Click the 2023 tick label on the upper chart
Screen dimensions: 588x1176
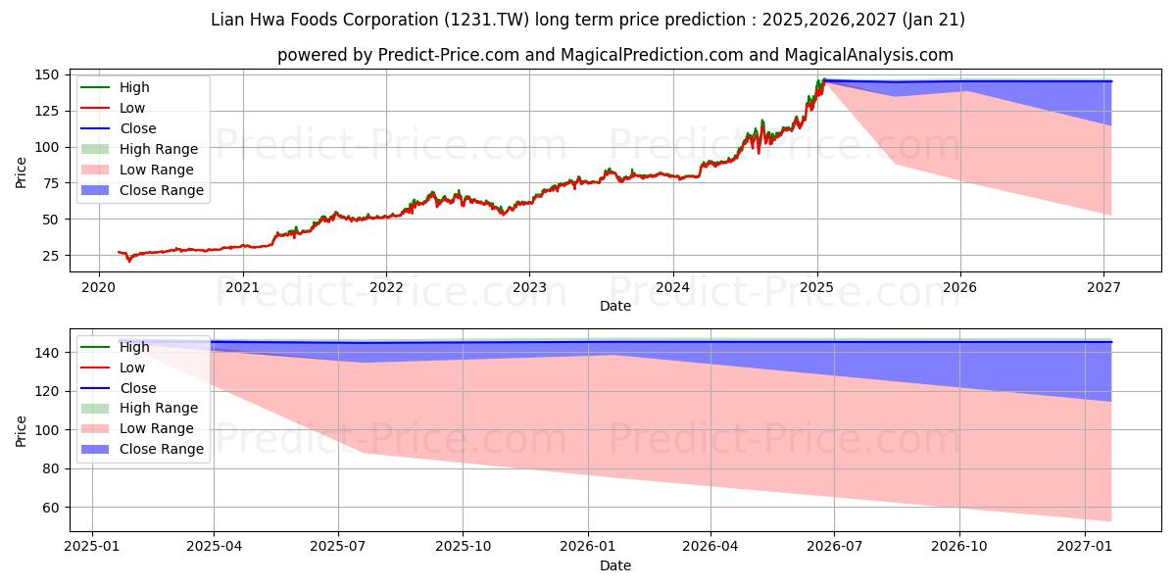click(529, 287)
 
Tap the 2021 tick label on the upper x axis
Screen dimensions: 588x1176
click(242, 287)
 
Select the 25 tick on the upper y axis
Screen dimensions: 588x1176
click(56, 256)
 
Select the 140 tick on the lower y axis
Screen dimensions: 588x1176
click(52, 353)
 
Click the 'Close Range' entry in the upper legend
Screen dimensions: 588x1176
click(162, 190)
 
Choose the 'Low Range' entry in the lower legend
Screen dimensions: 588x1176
click(157, 428)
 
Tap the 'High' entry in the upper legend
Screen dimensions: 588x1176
click(134, 87)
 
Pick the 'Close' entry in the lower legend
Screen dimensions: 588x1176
click(138, 388)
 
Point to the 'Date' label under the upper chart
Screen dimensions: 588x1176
click(615, 306)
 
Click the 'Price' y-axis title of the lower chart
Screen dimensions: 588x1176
click(22, 430)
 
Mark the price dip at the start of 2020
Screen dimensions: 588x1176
click(128, 261)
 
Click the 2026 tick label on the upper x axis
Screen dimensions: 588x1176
click(960, 287)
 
